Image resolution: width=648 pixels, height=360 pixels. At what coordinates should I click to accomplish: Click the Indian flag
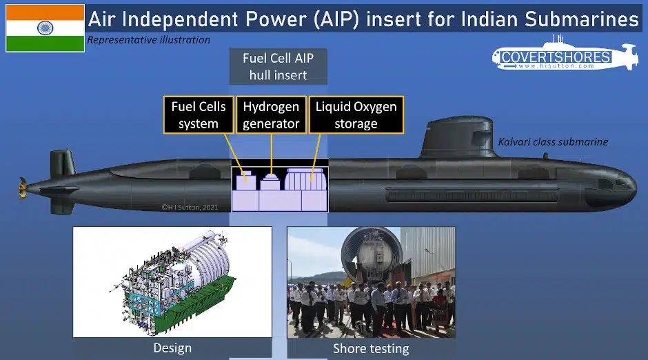[x=45, y=28]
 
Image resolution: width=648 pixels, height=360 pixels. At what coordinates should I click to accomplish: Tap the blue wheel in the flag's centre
[x=45, y=28]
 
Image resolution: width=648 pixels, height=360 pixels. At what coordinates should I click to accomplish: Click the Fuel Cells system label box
[x=199, y=115]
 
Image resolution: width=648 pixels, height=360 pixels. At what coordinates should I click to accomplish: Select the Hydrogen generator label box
[x=271, y=115]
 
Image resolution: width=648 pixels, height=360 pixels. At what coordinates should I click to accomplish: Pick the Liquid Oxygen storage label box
[x=356, y=115]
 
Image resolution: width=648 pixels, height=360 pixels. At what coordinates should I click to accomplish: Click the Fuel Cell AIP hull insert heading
[x=278, y=66]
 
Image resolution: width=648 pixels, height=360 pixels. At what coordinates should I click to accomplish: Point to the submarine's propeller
[x=22, y=188]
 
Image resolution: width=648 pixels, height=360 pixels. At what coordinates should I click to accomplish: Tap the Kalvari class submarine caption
[x=553, y=142]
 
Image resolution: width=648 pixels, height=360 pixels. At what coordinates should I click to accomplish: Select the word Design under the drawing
[x=172, y=348]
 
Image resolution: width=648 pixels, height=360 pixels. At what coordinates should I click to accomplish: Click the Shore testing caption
[x=371, y=348]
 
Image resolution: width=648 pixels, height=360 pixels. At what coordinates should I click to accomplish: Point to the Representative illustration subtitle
[x=148, y=40]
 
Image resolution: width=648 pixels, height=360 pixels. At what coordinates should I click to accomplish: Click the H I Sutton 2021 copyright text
[x=190, y=207]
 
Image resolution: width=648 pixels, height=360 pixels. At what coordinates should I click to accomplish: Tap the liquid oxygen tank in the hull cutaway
[x=305, y=179]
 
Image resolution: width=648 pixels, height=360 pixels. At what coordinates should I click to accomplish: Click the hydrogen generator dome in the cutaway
[x=271, y=181]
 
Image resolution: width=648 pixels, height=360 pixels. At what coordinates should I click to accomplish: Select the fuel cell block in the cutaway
[x=246, y=181]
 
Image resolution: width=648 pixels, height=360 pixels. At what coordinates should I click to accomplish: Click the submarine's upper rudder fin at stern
[x=62, y=163]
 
